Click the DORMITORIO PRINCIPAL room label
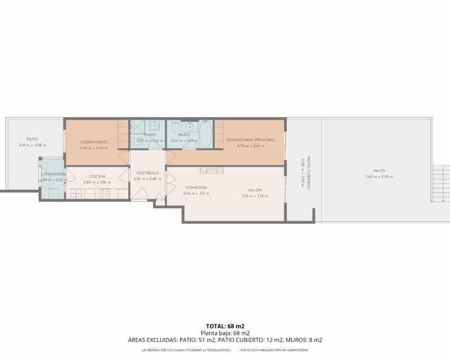tap(250, 139)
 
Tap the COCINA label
tap(97, 177)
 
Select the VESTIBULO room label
tap(147, 173)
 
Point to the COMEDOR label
tap(196, 187)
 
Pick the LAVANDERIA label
tap(54, 174)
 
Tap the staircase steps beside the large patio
tap(440, 183)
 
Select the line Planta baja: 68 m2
tap(225, 333)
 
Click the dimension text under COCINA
tap(97, 182)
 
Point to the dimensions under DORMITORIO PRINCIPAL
tap(250, 146)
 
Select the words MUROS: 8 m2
tap(304, 340)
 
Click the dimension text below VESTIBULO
tap(147, 179)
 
